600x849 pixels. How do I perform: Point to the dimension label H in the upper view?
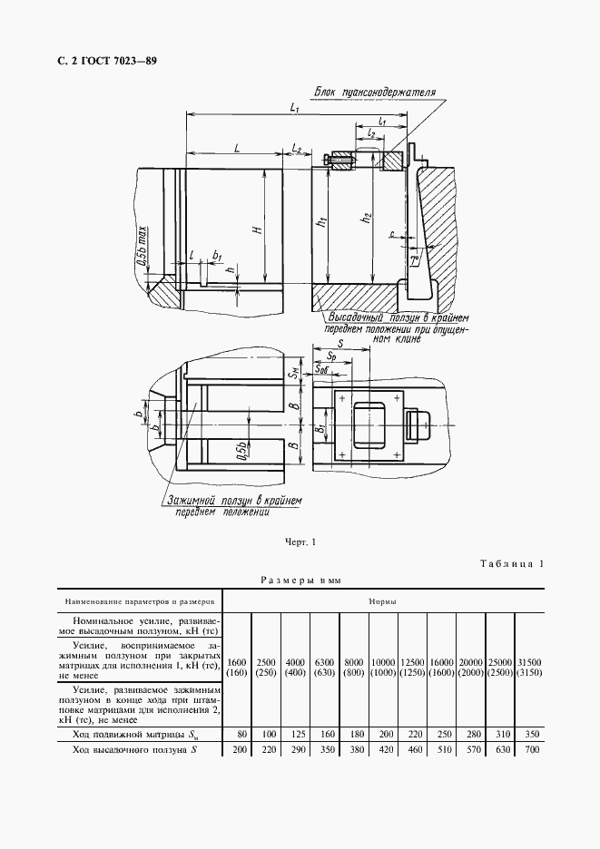(259, 230)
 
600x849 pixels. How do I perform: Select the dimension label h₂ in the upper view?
(366, 219)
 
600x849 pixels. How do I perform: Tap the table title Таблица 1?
(511, 564)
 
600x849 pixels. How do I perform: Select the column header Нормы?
(381, 600)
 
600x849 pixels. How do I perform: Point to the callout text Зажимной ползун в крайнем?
(232, 500)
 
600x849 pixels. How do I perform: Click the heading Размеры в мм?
(300, 580)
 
